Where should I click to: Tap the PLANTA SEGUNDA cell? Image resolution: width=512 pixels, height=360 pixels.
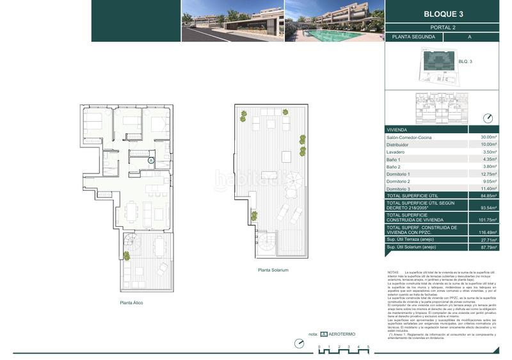pyautogui.click(x=413, y=37)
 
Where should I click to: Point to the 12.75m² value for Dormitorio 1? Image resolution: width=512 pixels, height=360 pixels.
pyautogui.click(x=489, y=174)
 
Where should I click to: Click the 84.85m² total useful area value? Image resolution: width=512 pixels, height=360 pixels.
pyautogui.click(x=489, y=196)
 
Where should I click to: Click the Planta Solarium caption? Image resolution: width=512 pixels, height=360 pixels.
pyautogui.click(x=273, y=270)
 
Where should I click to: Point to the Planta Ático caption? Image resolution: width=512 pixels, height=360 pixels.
pyautogui.click(x=131, y=302)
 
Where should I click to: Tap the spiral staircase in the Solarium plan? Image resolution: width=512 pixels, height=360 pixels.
pyautogui.click(x=265, y=242)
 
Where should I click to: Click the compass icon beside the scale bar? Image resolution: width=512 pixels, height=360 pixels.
pyautogui.click(x=299, y=343)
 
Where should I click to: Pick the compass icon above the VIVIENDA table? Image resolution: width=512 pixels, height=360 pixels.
pyautogui.click(x=489, y=118)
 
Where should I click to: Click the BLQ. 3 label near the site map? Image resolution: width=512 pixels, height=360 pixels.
pyautogui.click(x=465, y=61)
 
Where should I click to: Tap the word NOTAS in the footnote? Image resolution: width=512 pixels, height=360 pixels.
pyautogui.click(x=393, y=272)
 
